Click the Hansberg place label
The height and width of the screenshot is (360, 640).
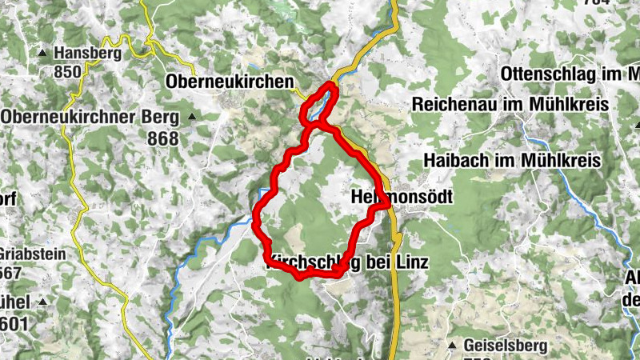[87, 54]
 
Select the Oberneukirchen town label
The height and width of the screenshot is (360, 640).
[230, 82]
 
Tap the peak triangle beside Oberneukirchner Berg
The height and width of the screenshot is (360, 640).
[192, 118]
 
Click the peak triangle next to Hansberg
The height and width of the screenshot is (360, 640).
[42, 54]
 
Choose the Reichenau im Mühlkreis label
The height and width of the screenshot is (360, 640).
[510, 104]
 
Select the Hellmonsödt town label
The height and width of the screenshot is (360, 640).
[402, 197]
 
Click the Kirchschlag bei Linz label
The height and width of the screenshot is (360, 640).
[346, 262]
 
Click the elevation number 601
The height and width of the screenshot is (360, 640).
[14, 324]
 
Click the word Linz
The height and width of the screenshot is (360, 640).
[414, 262]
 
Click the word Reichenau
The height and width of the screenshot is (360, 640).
[450, 104]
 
